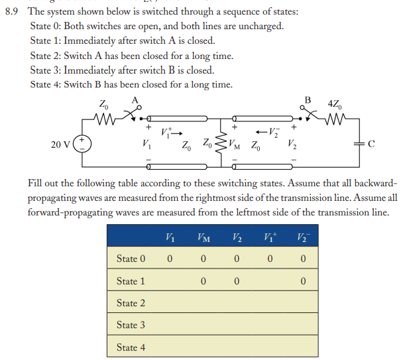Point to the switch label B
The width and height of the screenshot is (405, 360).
click(x=307, y=100)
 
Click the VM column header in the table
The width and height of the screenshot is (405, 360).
click(x=205, y=237)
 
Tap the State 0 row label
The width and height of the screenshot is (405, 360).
click(x=131, y=259)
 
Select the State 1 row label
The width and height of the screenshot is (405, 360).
click(x=131, y=281)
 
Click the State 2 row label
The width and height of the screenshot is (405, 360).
click(x=131, y=303)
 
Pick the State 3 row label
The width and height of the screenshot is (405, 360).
click(x=131, y=325)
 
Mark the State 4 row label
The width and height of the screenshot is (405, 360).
click(x=131, y=347)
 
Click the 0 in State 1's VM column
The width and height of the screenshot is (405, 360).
click(x=205, y=281)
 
